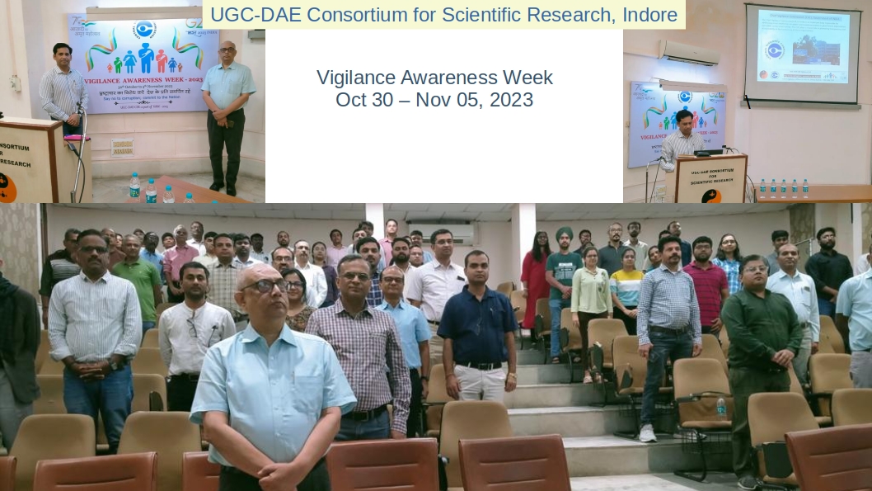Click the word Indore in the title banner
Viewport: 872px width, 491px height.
pyautogui.click(x=647, y=14)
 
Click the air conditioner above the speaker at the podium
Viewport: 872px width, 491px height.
pyautogui.click(x=688, y=52)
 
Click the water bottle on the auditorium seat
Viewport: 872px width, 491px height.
pyautogui.click(x=721, y=406)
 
